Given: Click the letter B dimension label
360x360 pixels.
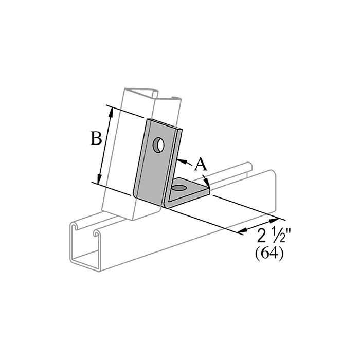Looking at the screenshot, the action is tap(96, 138).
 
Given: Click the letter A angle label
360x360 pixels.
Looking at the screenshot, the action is tap(201, 164).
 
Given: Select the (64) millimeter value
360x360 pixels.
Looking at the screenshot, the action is tap(269, 255).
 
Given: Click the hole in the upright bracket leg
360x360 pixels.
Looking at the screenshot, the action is tap(158, 145).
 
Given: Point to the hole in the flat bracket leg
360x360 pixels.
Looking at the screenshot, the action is tap(180, 188).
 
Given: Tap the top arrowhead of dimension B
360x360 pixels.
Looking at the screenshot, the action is tap(111, 112).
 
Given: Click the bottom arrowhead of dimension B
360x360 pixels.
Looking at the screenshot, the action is tap(99, 179).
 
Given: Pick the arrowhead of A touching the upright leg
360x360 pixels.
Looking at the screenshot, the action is tap(182, 161).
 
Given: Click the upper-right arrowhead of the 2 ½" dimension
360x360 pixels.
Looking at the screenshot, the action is tap(274, 221).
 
